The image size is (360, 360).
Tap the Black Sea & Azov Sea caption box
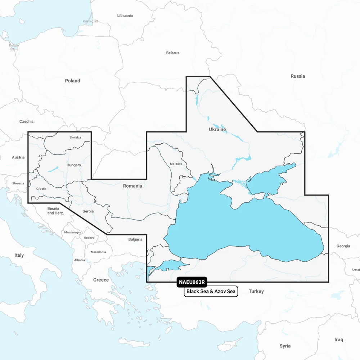point(211,291)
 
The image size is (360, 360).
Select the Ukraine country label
point(217,129)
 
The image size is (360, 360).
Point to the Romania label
point(132,186)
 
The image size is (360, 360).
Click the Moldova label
point(176,164)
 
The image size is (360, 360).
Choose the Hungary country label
point(73,165)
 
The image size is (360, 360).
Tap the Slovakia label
point(75,137)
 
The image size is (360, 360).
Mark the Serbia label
point(88,211)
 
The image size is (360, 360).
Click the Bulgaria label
point(135,239)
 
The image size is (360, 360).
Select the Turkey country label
point(256,291)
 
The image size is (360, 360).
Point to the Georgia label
point(343,246)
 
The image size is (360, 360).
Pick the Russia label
point(298,76)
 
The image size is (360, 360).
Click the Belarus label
point(172,53)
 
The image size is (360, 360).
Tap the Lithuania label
point(125,15)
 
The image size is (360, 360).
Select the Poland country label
point(72,81)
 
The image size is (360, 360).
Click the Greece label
point(101,280)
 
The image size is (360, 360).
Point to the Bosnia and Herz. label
point(55,211)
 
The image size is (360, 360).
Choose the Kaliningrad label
point(90,21)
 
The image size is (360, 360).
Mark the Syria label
point(285,346)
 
